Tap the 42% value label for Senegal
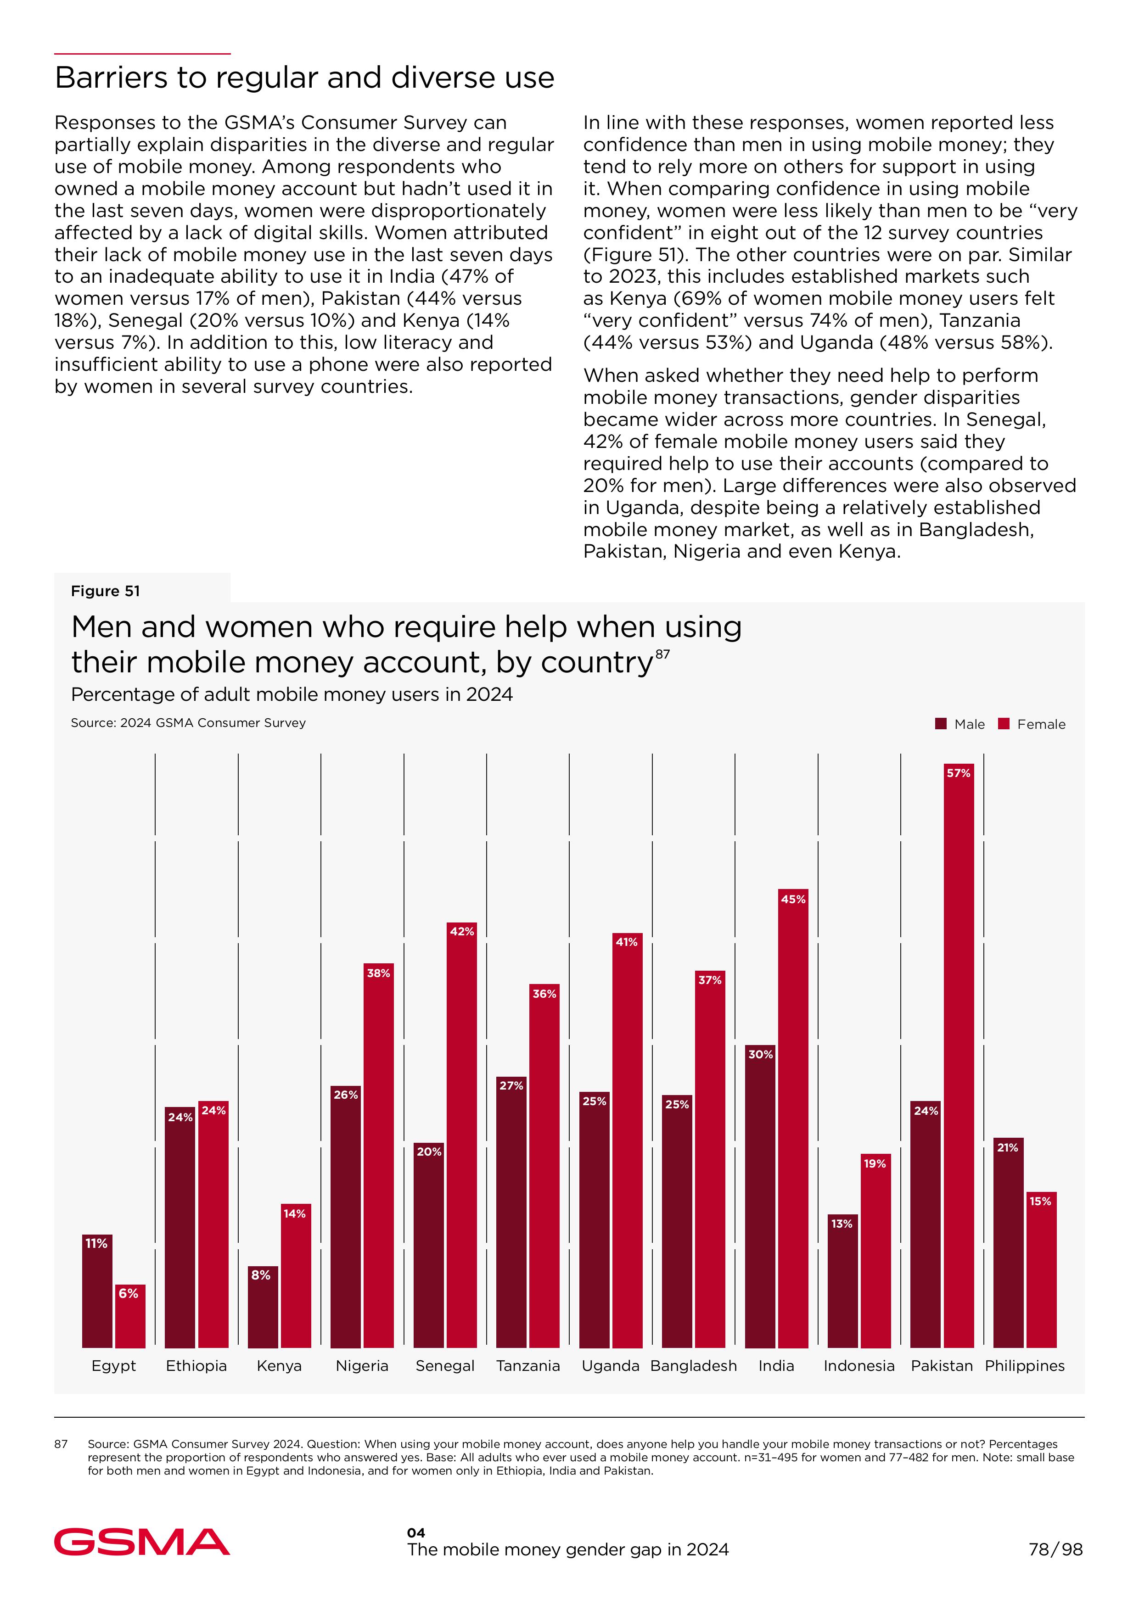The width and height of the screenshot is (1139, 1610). coord(461,931)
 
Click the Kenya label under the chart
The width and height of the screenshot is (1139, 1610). coord(279,1366)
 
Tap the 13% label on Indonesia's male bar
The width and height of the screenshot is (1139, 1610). coord(842,1224)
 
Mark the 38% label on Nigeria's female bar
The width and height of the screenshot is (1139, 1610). coord(379,973)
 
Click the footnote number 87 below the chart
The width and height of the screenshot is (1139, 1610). coord(61,1444)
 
